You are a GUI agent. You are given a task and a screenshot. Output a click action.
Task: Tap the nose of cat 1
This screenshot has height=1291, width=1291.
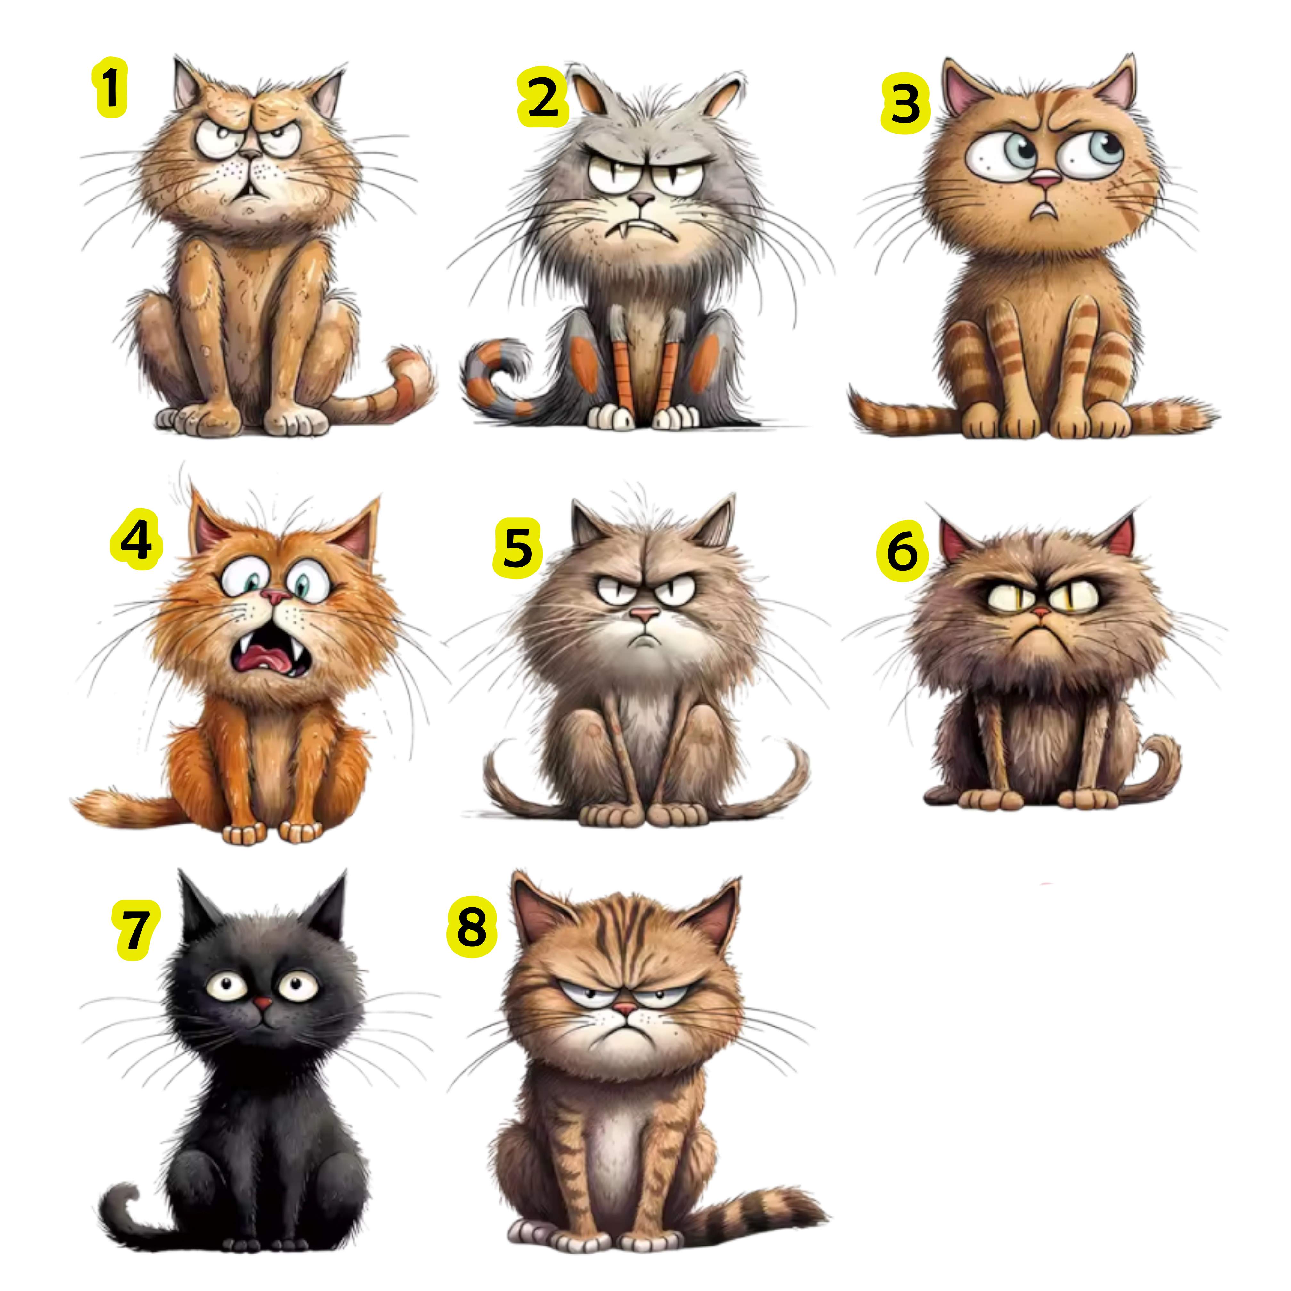(251, 155)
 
